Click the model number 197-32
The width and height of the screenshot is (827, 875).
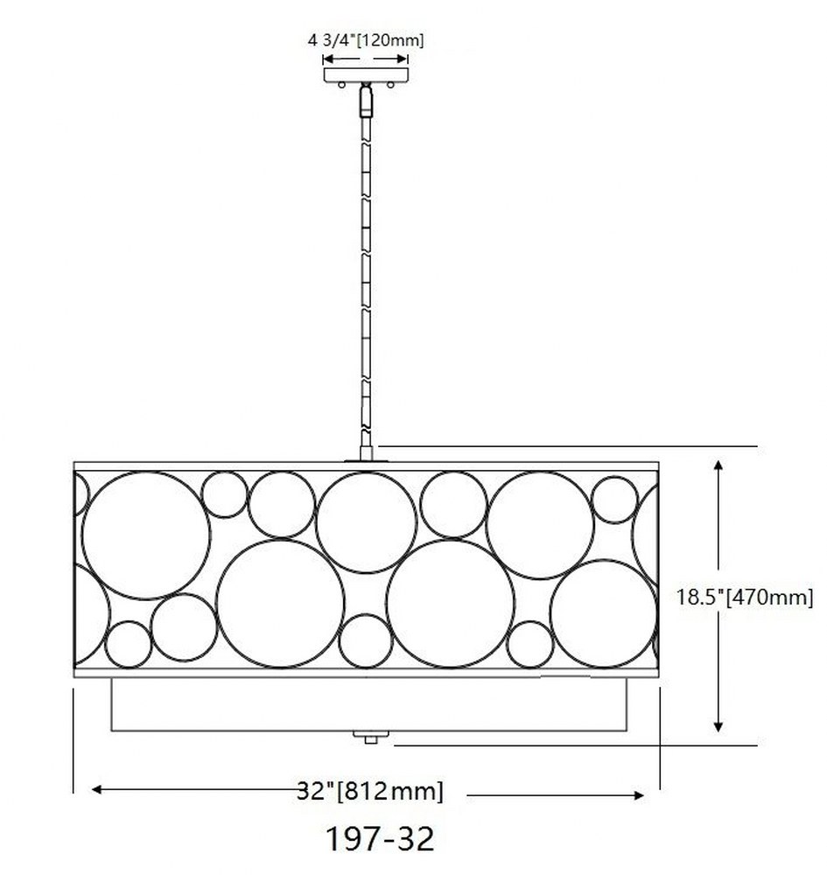[380, 839]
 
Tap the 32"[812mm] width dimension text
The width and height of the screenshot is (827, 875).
[370, 791]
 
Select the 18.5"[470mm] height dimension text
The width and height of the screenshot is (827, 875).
[745, 597]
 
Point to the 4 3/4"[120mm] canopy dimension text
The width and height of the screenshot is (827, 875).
[366, 40]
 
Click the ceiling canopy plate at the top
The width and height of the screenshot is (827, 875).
[366, 74]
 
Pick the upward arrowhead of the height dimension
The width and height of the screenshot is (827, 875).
[718, 466]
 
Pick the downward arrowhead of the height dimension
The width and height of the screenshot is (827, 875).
[718, 725]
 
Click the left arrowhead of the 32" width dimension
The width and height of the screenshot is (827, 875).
[97, 789]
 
